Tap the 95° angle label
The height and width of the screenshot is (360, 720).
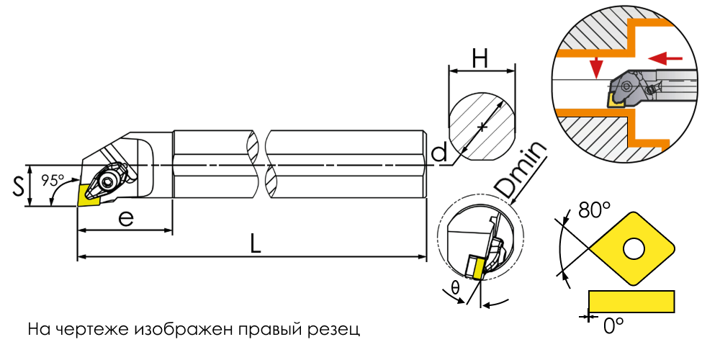(53, 181)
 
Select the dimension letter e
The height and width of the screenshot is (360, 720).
(125, 219)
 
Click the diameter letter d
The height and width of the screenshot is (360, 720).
(440, 152)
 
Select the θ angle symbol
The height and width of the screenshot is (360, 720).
(455, 288)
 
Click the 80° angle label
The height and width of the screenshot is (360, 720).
(594, 210)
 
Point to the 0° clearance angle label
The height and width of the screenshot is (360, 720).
(613, 325)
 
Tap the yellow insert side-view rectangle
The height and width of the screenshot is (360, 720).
(631, 301)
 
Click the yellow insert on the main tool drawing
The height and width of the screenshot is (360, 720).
(89, 194)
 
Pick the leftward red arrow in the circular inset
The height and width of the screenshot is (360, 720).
(666, 58)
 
